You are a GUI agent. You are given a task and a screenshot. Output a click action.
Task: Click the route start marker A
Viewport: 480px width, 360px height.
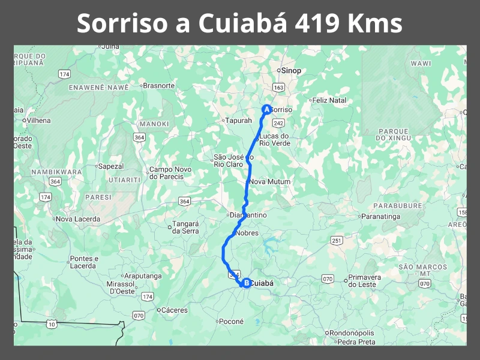[266, 109]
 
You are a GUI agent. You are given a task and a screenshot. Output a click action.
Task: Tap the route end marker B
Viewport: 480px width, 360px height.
[245, 283]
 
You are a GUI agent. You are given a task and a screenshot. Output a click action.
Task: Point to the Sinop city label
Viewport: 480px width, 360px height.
[291, 71]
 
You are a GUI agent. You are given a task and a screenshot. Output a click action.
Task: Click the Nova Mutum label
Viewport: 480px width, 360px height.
[269, 182]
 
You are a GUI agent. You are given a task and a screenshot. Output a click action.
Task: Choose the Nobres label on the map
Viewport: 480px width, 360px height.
[247, 233]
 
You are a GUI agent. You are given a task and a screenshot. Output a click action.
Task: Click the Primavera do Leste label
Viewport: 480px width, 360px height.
[365, 281]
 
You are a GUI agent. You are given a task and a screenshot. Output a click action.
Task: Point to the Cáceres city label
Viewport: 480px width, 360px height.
[173, 310]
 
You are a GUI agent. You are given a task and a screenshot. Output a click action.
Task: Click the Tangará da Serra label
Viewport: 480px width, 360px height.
[185, 227]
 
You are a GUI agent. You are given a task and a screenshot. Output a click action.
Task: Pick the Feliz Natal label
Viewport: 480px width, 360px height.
[329, 100]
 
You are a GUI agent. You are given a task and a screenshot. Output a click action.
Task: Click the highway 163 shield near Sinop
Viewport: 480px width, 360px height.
[278, 88]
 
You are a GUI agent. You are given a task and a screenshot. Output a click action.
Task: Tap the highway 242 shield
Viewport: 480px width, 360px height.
[278, 122]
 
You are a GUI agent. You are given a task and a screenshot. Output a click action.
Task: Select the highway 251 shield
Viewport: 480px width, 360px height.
[337, 241]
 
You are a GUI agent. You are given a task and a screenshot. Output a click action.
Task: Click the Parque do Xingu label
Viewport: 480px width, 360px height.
[393, 134]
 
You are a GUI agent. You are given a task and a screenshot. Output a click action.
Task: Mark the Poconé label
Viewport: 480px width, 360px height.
[232, 322]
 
